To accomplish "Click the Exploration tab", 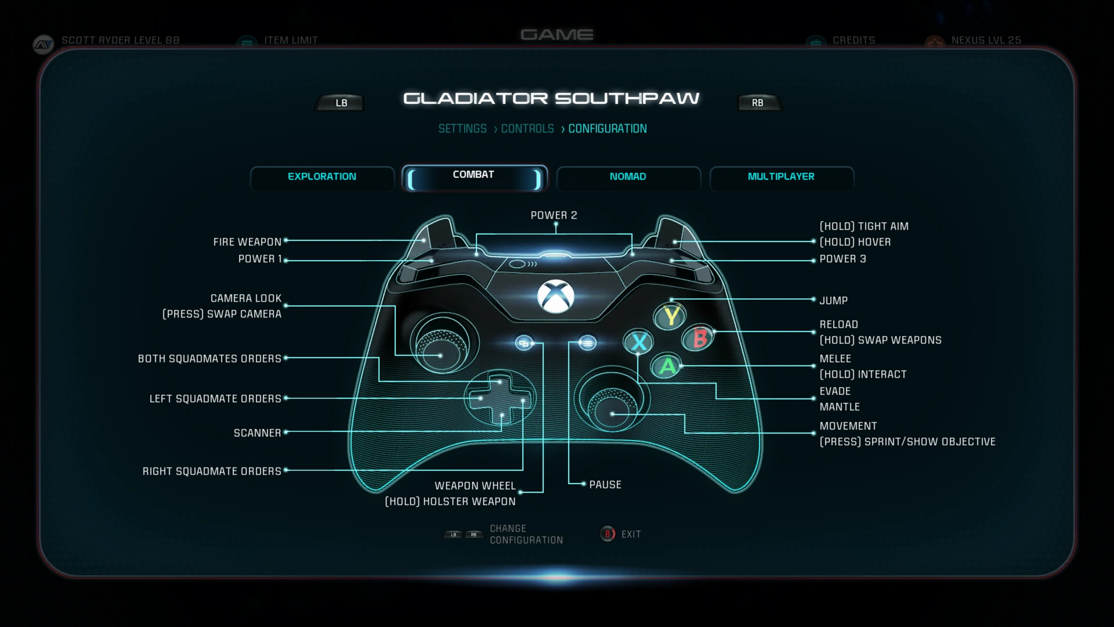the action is pyautogui.click(x=322, y=177).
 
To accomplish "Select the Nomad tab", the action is pyautogui.click(x=628, y=177).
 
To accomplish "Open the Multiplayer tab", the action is pyautogui.click(x=782, y=177).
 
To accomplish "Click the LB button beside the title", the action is pyautogui.click(x=341, y=103).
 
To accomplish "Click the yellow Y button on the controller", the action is pyautogui.click(x=671, y=316).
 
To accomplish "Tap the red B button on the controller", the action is pyautogui.click(x=699, y=338).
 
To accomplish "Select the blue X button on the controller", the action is pyautogui.click(x=639, y=342).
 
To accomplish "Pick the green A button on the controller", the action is pyautogui.click(x=667, y=366).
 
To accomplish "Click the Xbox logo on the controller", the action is pyautogui.click(x=555, y=296).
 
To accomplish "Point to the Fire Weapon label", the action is pyautogui.click(x=247, y=242).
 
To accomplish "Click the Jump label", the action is pyautogui.click(x=834, y=301).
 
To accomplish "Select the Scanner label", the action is pyautogui.click(x=258, y=433).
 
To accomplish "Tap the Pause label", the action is pyautogui.click(x=605, y=485).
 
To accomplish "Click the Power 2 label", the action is pyautogui.click(x=554, y=215).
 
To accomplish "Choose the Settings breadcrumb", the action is pyautogui.click(x=462, y=129).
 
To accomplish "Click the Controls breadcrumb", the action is pyautogui.click(x=527, y=129).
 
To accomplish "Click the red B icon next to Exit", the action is pyautogui.click(x=607, y=534).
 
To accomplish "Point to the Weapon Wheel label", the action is pyautogui.click(x=475, y=486).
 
